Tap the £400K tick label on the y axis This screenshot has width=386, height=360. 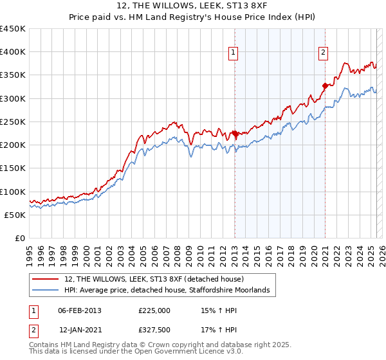pyautogui.click(x=14, y=52)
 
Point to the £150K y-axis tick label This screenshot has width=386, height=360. pyautogui.click(x=14, y=168)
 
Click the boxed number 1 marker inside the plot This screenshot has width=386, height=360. pyautogui.click(x=233, y=54)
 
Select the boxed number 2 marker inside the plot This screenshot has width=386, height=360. pyautogui.click(x=323, y=54)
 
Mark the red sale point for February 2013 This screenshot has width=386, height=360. pyautogui.click(x=235, y=134)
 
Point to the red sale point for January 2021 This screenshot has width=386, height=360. pyautogui.click(x=325, y=85)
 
